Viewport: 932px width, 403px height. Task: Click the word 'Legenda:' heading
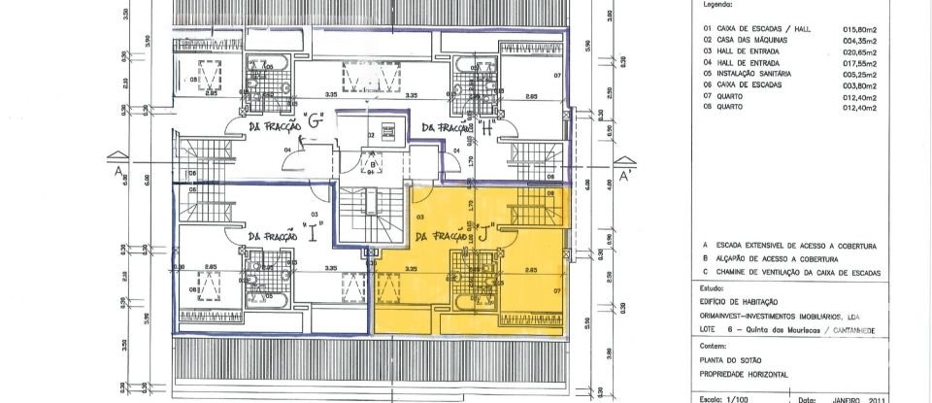[716, 5]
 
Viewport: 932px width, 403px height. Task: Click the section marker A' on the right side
[625, 177]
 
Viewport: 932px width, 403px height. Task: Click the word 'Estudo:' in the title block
[713, 288]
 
